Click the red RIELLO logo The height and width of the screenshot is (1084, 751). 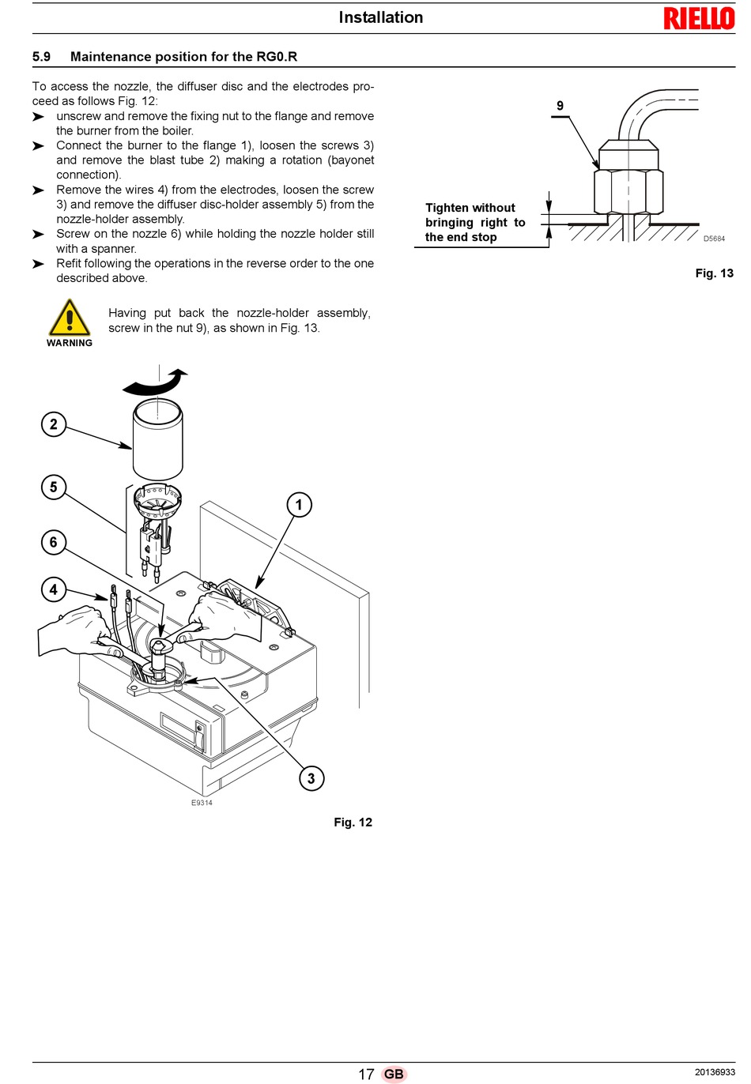point(699,19)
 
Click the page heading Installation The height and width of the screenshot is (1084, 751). point(380,17)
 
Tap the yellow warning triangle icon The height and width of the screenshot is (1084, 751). point(70,318)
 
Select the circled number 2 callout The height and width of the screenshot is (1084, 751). point(53,424)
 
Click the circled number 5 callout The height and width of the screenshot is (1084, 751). point(53,487)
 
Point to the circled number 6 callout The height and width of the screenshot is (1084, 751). point(53,542)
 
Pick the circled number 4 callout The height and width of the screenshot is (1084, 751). point(53,589)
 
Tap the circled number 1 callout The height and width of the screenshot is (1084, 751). point(300,505)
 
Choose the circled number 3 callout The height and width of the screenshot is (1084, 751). point(311,778)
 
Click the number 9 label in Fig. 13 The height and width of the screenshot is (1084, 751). point(560,106)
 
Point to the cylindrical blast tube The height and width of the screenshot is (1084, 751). point(158,438)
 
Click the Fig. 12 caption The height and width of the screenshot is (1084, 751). point(353,822)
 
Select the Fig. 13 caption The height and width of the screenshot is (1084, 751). point(714,273)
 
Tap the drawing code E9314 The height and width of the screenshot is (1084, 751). point(202,803)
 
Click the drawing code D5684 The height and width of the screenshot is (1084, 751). point(714,239)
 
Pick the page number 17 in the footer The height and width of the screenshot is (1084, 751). point(366,1075)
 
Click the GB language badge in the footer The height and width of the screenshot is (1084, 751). point(394,1075)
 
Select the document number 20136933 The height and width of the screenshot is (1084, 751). point(715,1072)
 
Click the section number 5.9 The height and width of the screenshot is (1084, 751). point(41,57)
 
